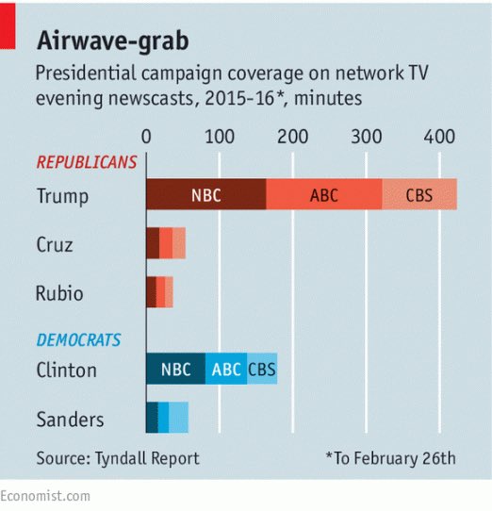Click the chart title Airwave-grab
[x=112, y=41]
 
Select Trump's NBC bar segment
[x=205, y=196]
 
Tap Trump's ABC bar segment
[x=323, y=196]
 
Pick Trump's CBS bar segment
[x=419, y=196]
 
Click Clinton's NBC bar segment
[x=175, y=369]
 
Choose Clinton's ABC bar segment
[x=226, y=369]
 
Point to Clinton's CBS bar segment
[x=262, y=369]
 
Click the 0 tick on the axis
[x=146, y=138]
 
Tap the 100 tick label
[x=220, y=138]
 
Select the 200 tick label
[x=293, y=138]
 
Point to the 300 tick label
[x=367, y=138]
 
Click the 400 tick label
[x=440, y=138]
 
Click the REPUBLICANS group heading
[x=86, y=162]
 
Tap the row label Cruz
[x=55, y=244]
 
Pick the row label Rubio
[x=59, y=293]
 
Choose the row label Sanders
[x=70, y=419]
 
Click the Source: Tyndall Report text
[x=118, y=458]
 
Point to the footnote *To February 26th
[x=390, y=458]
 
